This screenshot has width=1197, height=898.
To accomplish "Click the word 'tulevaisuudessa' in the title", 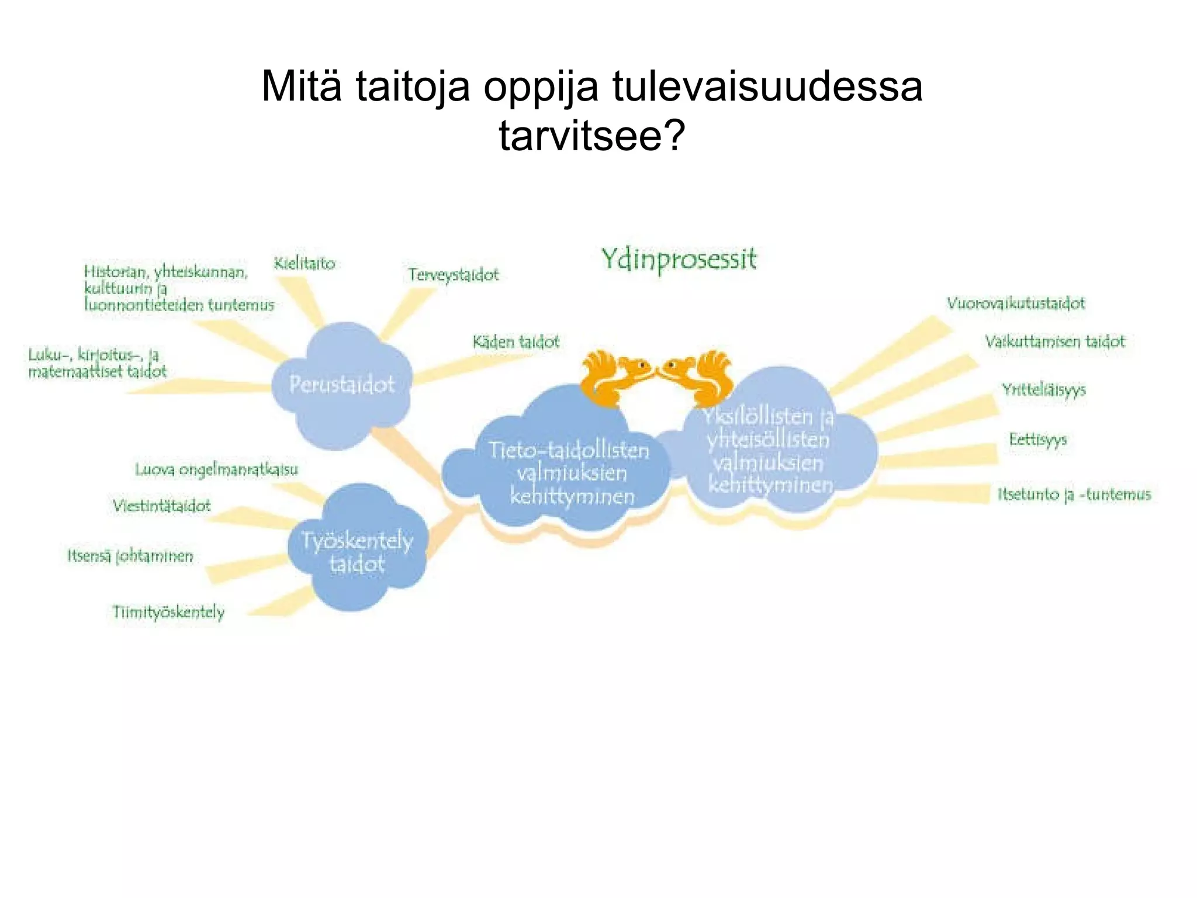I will coord(767,87).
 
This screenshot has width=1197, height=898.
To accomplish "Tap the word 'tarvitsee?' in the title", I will coord(591,136).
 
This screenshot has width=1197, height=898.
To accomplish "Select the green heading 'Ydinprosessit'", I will coord(679,260).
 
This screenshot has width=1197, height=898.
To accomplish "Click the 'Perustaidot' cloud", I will coord(342,385).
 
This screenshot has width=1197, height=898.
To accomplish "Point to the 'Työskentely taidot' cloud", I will coord(357,550).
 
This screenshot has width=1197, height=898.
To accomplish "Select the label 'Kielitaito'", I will coord(305,264).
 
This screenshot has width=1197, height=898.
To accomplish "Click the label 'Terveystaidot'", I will coord(454,275).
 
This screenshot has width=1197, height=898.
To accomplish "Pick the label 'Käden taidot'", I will coord(516,341).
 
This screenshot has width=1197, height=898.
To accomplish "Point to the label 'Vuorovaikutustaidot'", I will coord(1016,303).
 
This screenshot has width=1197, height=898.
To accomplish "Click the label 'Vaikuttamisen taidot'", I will coord(1054,341).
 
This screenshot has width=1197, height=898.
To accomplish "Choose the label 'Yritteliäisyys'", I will coord(1044,390).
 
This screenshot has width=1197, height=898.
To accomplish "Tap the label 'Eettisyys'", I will coord(1037,440).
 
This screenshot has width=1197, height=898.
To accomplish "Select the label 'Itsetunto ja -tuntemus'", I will coord(1074,495).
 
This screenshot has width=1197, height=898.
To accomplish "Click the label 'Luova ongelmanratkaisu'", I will coord(216,469).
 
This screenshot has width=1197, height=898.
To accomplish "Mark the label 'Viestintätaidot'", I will coord(162,506).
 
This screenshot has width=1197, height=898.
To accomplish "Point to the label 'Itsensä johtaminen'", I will coord(130,556).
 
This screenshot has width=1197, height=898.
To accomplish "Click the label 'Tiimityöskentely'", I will coord(168,612).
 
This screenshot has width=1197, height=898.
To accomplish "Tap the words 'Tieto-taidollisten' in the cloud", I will coord(569,451).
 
